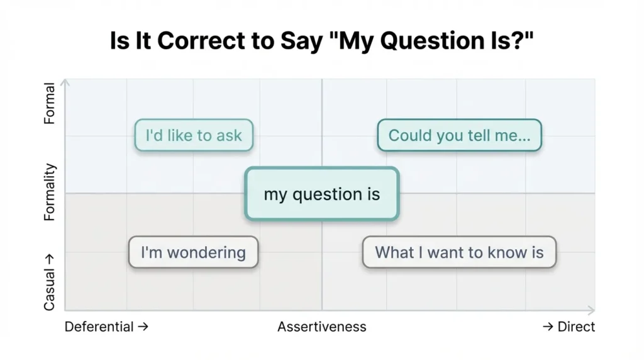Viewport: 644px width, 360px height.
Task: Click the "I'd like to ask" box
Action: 194,135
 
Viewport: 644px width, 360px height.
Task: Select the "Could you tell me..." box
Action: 459,135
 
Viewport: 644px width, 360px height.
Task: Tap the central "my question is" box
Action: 321,194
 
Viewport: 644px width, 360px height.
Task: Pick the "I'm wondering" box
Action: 193,252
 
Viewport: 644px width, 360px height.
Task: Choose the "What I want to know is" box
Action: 459,252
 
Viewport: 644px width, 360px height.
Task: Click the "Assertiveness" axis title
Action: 321,327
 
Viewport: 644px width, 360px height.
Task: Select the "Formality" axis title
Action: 50,192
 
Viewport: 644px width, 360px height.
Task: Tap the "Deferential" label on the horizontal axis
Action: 99,327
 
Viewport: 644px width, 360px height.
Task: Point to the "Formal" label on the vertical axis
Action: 50,104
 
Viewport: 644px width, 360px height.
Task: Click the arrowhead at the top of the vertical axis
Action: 65,82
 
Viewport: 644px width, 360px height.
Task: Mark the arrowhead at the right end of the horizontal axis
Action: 591,310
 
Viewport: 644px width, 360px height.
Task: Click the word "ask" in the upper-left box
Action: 229,135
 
